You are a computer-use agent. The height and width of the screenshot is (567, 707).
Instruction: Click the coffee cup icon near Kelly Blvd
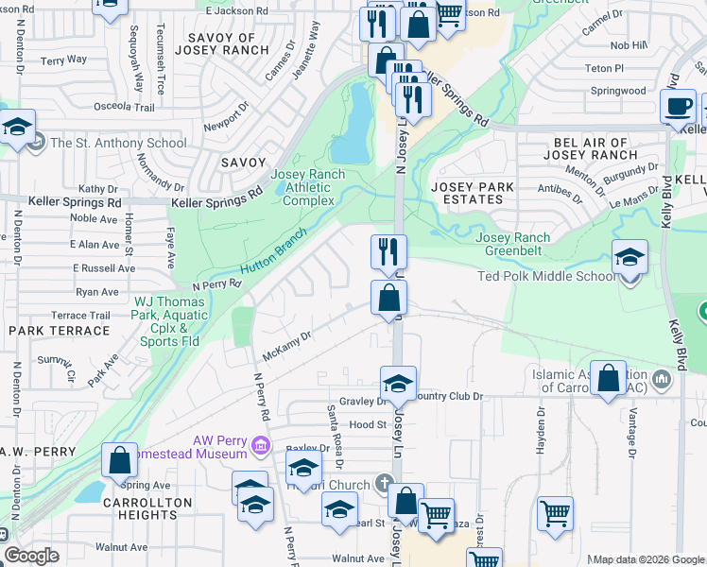coord(678,107)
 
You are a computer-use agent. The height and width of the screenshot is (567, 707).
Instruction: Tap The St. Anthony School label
coord(118,144)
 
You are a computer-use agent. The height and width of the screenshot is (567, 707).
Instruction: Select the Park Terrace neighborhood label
coord(60,331)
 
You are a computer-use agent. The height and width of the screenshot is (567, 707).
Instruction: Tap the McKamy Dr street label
coord(288,346)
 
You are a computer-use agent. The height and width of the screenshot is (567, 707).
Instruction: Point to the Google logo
coord(30,556)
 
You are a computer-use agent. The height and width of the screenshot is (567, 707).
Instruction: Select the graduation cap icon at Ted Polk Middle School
coord(629,257)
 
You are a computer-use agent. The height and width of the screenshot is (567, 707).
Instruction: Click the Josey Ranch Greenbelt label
coord(512,244)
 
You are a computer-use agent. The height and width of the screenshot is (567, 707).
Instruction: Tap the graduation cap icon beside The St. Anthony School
coord(18,127)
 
